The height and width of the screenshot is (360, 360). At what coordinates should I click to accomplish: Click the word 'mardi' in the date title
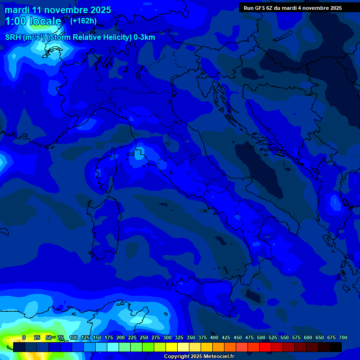coord(17,10)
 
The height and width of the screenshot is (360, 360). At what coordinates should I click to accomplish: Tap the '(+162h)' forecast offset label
coord(83,21)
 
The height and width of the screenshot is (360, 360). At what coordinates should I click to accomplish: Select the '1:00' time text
coord(15,21)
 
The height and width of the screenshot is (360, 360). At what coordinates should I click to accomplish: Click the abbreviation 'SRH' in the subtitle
coord(13,37)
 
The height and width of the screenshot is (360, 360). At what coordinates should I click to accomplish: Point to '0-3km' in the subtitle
coord(144,37)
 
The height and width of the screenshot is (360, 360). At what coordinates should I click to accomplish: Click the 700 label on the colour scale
coord(343,337)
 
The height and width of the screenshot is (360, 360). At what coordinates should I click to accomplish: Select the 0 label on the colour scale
coord(24,337)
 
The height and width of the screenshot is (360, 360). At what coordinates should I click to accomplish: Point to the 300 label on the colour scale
coord(167,337)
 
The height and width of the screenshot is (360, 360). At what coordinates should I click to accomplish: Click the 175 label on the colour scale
coord(108,337)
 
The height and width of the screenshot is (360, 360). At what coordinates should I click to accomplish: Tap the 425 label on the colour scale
coord(225,337)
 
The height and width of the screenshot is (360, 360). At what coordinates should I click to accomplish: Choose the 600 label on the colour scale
coord(307,337)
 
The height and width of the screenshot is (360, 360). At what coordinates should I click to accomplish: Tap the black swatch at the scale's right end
coord(336,347)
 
